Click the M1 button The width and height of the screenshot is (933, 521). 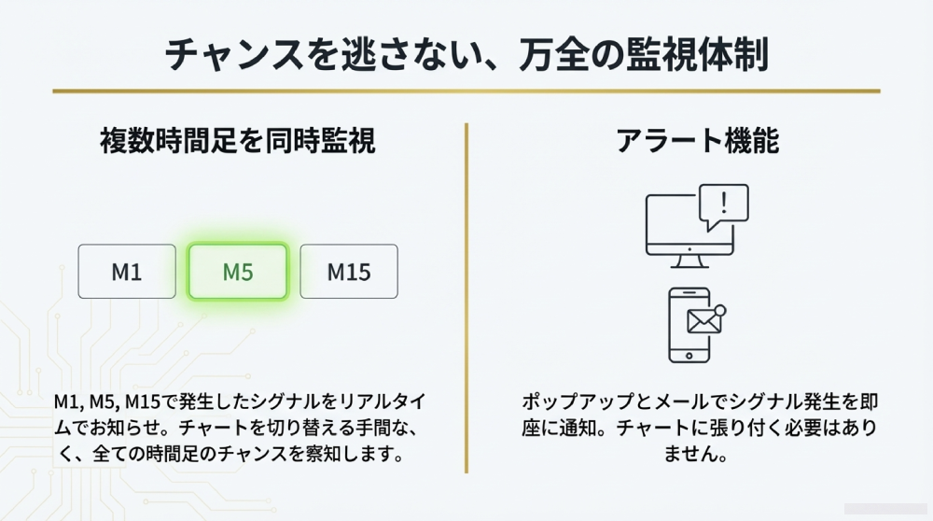[126, 272]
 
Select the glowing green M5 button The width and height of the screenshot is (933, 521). [237, 272]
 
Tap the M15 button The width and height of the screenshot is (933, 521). [348, 272]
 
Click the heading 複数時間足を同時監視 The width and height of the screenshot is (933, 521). [237, 141]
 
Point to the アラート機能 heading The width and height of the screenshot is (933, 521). [697, 141]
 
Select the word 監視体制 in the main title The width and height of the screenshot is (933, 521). [691, 54]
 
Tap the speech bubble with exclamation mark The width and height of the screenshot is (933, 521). [726, 205]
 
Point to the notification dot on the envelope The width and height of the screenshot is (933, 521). [719, 310]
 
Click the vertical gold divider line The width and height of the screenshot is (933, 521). [466, 299]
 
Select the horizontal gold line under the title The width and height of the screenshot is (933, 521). [466, 91]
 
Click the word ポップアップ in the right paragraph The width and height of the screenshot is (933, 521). [571, 402]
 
